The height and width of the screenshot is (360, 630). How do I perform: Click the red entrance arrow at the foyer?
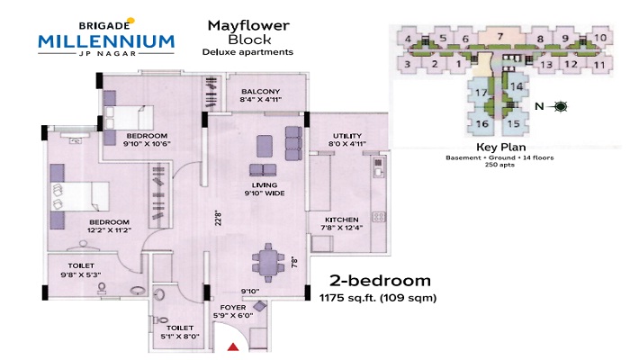(x=233, y=346)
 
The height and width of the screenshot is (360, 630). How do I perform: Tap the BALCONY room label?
(x=260, y=92)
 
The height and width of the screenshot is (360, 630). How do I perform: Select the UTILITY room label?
(x=347, y=136)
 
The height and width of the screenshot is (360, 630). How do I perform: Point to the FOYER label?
(x=233, y=308)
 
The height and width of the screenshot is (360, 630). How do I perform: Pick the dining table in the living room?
(x=268, y=263)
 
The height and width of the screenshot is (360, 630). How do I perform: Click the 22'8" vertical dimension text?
(x=218, y=218)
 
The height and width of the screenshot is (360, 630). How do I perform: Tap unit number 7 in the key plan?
(x=500, y=37)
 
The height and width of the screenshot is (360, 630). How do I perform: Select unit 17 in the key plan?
(x=481, y=93)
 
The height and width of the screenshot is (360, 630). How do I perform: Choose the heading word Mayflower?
(x=248, y=26)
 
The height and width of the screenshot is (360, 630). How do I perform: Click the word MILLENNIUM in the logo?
(x=106, y=41)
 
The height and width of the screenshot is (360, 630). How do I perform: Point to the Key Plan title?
(x=500, y=148)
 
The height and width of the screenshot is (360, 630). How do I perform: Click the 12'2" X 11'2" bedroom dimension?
(x=109, y=230)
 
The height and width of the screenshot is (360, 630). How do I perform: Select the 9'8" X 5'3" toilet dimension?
(x=81, y=274)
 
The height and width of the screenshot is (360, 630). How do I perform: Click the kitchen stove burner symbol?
(x=379, y=217)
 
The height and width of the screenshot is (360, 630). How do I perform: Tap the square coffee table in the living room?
(x=265, y=146)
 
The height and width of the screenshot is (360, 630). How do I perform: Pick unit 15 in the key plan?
(x=514, y=124)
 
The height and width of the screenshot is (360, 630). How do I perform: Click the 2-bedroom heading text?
(x=380, y=281)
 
